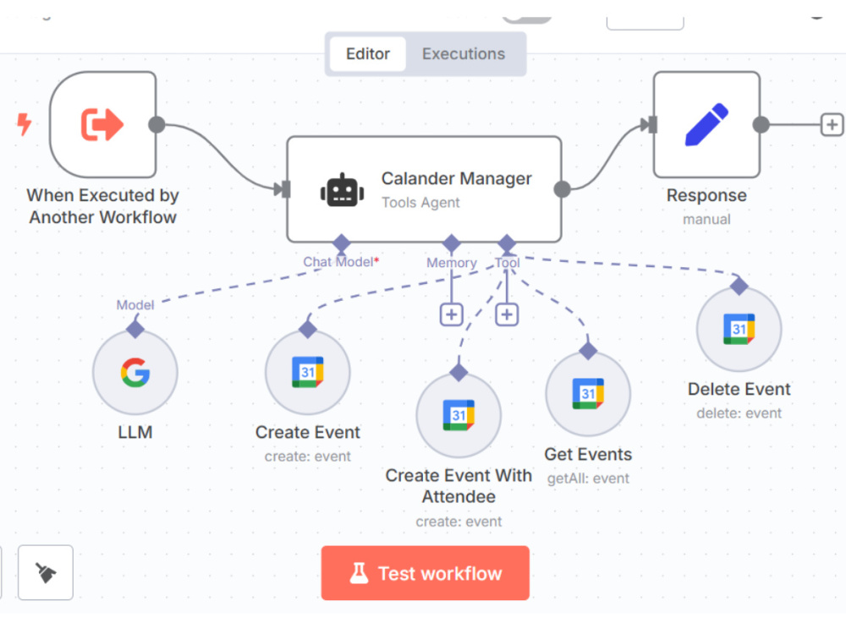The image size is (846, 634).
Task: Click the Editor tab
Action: click(x=368, y=54)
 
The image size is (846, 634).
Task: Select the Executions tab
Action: click(x=464, y=54)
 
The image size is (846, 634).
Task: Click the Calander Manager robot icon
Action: click(x=342, y=189)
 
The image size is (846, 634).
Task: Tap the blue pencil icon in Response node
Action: click(x=706, y=124)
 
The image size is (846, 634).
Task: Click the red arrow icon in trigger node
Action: click(x=102, y=124)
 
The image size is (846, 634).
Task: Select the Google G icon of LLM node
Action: click(x=135, y=373)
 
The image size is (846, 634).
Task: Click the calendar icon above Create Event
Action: click(x=308, y=372)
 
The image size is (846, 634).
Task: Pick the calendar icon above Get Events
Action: click(x=588, y=394)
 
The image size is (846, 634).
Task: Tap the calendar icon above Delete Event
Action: click(x=739, y=329)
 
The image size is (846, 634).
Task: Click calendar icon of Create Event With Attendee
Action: click(x=459, y=415)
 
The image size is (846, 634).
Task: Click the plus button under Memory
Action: click(x=452, y=314)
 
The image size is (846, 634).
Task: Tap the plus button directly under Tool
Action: click(x=507, y=314)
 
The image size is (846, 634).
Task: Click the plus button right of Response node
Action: click(x=832, y=125)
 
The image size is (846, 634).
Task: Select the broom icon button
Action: click(x=46, y=572)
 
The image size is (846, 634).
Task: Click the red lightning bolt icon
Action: click(x=24, y=124)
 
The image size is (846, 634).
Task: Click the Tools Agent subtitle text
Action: click(x=420, y=203)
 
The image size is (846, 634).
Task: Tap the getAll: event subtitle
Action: click(x=588, y=478)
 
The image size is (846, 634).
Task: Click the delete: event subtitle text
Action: click(x=739, y=413)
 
